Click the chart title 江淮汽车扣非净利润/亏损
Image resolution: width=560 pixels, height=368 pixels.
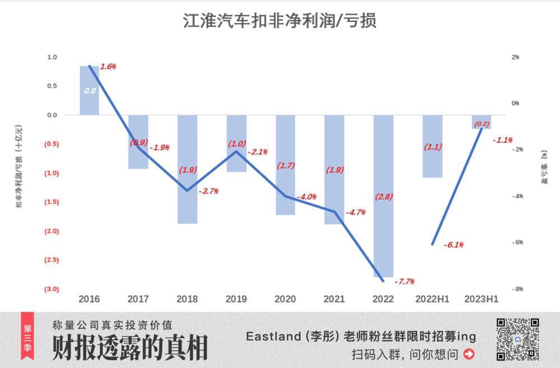279,21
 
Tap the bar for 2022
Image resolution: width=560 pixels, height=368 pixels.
383,196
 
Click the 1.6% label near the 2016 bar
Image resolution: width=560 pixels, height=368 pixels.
108,67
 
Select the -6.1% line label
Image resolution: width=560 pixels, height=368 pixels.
453,245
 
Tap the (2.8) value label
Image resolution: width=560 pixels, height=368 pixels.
384,197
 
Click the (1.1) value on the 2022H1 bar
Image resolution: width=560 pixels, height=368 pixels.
432,147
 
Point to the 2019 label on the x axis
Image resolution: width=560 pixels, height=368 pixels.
236,299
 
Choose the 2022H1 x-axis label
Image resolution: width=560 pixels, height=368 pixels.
432,299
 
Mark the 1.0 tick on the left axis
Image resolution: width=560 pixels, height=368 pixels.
52,57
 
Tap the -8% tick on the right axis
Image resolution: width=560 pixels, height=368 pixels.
516,289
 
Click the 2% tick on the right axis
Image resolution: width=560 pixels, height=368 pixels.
515,57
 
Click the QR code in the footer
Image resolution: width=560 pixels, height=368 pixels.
517,339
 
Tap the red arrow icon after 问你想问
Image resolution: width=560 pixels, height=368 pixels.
469,354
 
